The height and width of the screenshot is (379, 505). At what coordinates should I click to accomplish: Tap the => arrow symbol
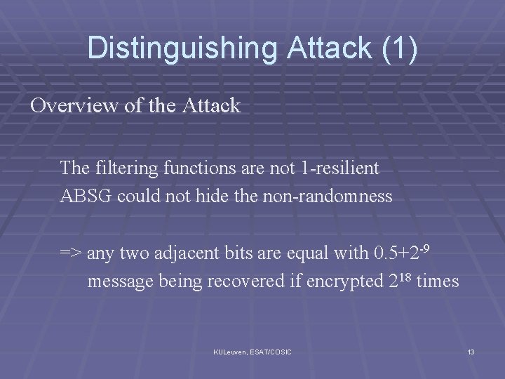point(72,252)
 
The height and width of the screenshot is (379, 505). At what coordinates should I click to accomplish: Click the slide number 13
point(470,351)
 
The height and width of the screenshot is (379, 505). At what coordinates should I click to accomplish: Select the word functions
point(194,168)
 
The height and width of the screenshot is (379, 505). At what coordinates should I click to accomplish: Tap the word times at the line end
point(438,281)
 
